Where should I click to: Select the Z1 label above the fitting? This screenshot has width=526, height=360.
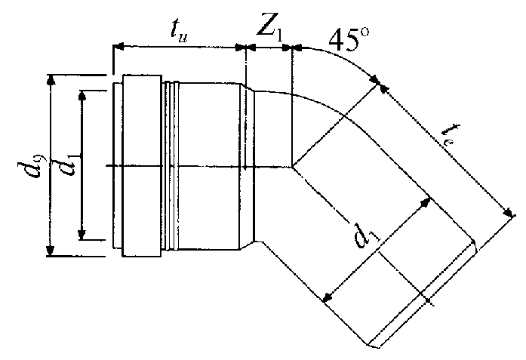pos(269,29)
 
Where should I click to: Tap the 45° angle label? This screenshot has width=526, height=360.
pos(349,40)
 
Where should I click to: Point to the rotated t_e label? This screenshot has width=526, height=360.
pos(450,134)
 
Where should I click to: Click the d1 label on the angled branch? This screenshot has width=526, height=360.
pos(366,235)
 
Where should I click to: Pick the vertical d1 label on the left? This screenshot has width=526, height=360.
pos(68,165)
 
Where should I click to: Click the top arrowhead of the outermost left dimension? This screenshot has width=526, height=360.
pos(51,80)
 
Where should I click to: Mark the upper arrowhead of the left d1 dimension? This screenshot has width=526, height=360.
pos(82,96)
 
